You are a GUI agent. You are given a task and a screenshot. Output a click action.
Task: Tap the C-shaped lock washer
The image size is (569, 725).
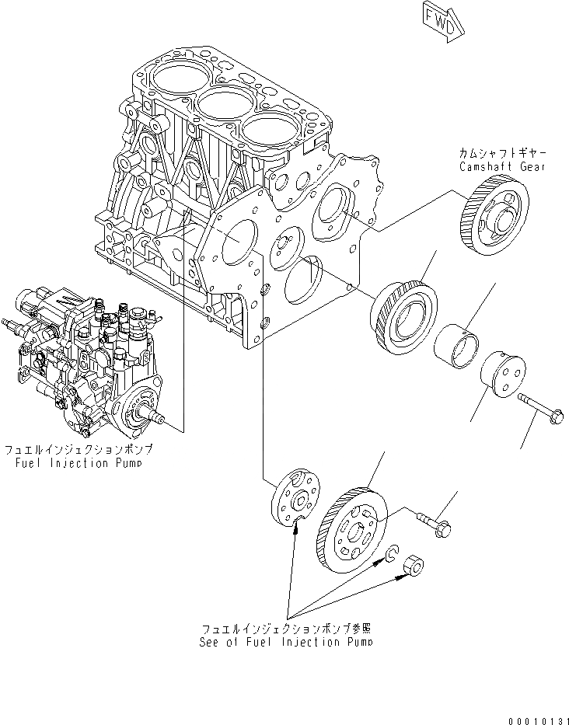point(392,554)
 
